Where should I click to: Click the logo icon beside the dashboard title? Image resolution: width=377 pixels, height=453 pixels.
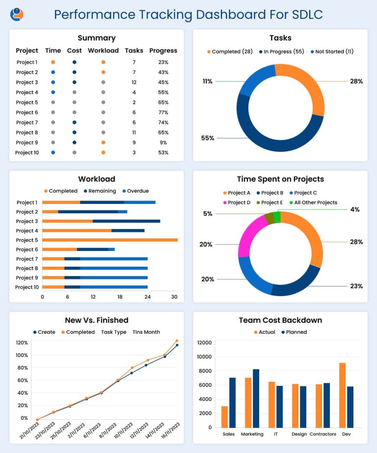click(x=17, y=14)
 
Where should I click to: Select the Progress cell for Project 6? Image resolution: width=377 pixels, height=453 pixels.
click(x=163, y=112)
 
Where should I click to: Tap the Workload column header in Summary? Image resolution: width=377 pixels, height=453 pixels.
click(x=103, y=50)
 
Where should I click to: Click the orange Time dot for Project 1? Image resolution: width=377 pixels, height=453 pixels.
click(x=53, y=62)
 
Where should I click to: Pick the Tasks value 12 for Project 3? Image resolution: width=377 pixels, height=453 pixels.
click(x=134, y=82)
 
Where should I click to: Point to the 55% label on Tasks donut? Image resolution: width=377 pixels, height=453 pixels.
click(x=208, y=138)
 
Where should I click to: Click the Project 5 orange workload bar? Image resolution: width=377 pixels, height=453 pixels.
click(x=109, y=240)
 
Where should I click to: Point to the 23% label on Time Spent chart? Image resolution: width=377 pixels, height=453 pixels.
click(x=356, y=286)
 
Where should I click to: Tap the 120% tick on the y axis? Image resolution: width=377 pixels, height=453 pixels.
click(x=22, y=343)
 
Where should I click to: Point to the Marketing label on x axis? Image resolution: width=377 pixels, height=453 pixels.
click(x=252, y=434)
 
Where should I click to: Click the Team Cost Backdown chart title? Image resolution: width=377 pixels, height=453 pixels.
click(x=280, y=320)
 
